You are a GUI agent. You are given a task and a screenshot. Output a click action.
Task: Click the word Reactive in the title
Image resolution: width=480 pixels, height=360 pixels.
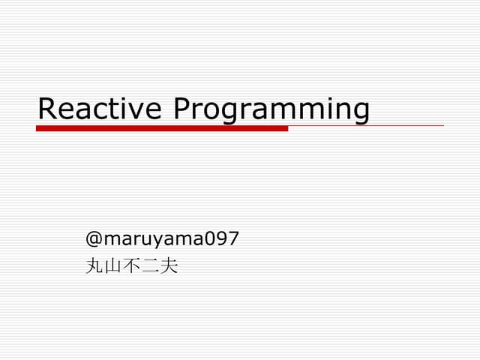(x=100, y=109)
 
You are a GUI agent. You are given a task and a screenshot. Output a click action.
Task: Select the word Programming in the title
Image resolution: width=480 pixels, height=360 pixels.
(x=271, y=110)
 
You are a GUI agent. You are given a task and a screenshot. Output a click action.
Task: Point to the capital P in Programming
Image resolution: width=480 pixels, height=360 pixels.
(x=182, y=109)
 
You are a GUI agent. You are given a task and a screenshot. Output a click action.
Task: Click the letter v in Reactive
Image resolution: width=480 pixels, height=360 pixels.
(x=139, y=110)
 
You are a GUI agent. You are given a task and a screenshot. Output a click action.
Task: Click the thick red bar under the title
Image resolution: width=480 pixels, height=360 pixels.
(x=162, y=128)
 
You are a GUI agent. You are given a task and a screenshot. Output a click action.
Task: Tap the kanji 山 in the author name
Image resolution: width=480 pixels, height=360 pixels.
(x=113, y=265)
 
